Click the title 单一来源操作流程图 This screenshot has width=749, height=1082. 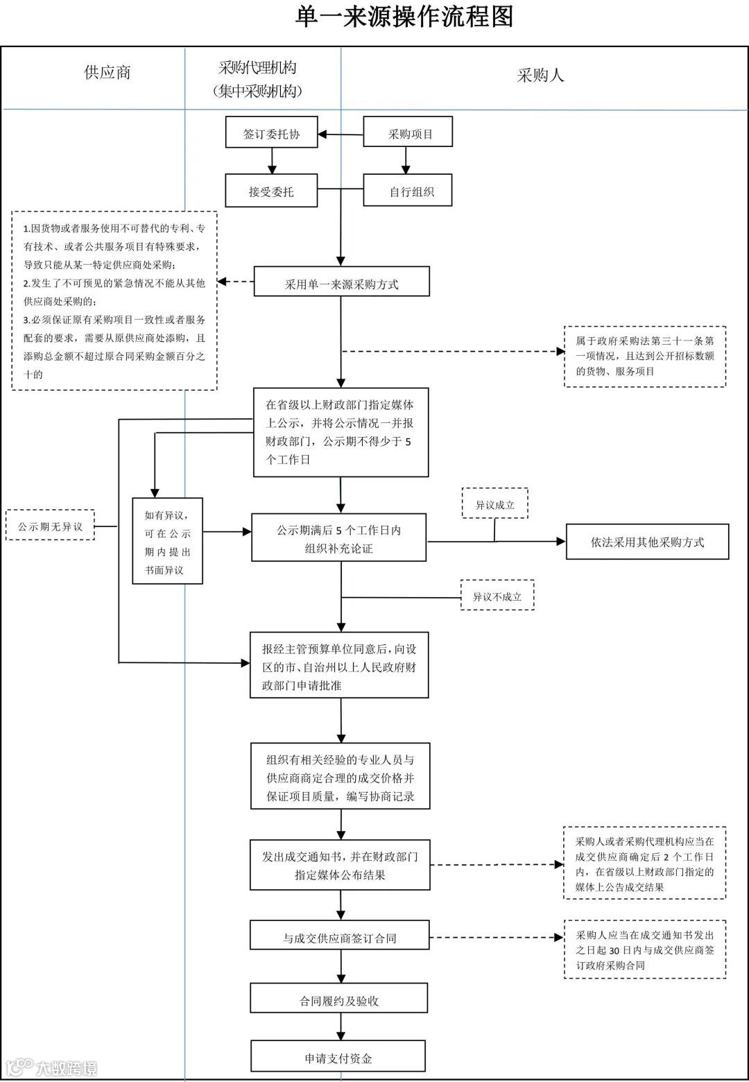[x=404, y=17]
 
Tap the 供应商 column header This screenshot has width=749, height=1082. [x=107, y=72]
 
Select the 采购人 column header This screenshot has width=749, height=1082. [x=540, y=76]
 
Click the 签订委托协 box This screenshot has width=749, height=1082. [x=271, y=132]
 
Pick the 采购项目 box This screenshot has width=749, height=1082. [x=408, y=131]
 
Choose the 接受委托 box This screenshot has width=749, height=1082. [x=271, y=191]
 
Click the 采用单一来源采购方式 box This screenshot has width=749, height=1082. [x=341, y=281]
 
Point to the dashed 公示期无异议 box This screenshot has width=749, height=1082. [x=50, y=524]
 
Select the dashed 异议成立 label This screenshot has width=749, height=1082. [x=495, y=504]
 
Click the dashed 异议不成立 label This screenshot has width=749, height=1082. [x=497, y=595]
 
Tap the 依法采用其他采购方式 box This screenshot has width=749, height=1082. [x=647, y=542]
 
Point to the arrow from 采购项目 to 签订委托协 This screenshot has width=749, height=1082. [x=341, y=135]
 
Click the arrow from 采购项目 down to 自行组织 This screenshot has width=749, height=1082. [x=406, y=160]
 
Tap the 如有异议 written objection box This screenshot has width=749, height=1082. [x=167, y=541]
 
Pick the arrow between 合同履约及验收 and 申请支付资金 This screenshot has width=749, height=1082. [x=341, y=1027]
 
